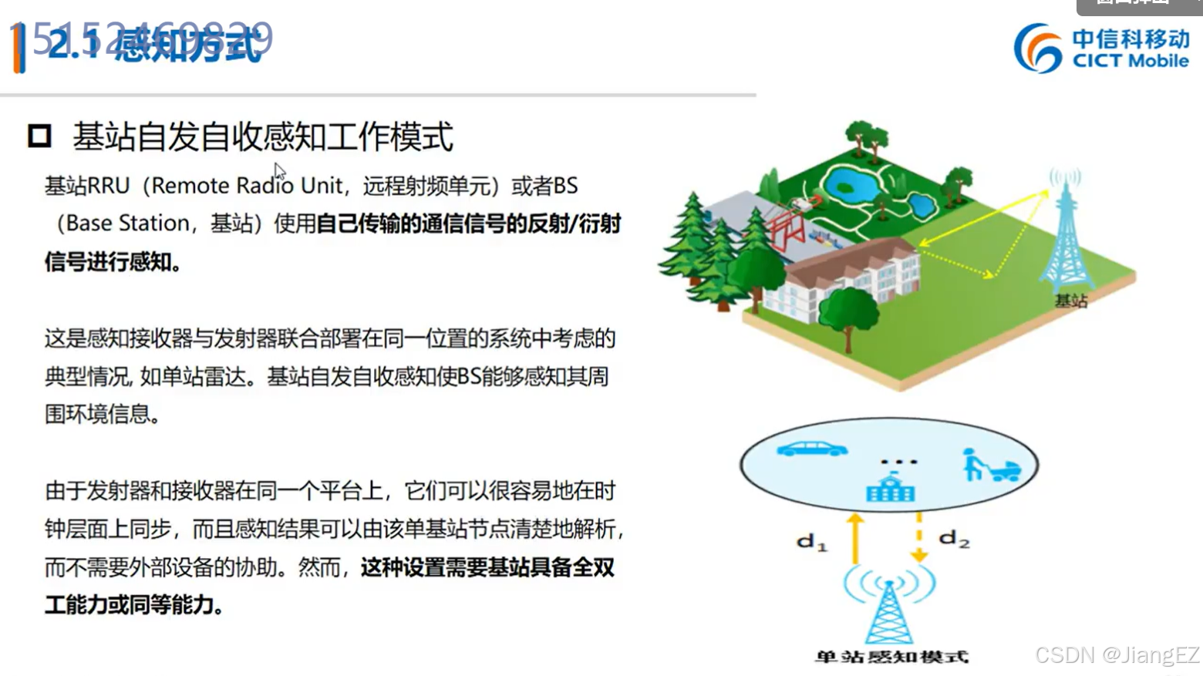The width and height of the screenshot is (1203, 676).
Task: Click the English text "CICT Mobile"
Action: (x=1131, y=61)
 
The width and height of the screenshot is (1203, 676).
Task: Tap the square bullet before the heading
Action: (x=39, y=136)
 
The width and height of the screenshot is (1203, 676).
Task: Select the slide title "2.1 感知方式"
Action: (x=154, y=45)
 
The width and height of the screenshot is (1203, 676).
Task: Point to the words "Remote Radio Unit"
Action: (x=247, y=186)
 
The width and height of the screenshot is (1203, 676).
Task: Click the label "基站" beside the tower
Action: (x=1071, y=301)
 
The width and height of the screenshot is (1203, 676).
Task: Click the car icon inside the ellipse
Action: (x=812, y=449)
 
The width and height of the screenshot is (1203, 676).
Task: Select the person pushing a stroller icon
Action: (x=990, y=465)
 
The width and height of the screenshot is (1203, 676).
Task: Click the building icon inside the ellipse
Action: (x=891, y=489)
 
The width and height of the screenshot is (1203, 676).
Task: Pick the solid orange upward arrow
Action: (x=854, y=538)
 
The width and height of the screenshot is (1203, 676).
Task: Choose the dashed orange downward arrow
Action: (x=918, y=538)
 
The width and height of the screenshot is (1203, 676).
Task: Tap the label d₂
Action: (x=954, y=539)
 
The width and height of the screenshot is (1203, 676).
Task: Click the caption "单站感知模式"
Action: (x=891, y=657)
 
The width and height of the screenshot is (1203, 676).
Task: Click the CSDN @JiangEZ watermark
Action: (x=1117, y=655)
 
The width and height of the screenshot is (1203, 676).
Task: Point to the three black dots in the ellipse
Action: (x=899, y=462)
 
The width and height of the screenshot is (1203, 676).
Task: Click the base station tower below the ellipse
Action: (x=889, y=609)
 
